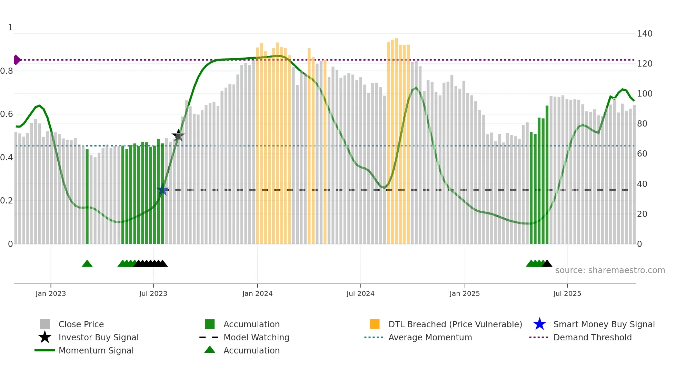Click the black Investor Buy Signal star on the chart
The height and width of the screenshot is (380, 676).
click(x=178, y=135)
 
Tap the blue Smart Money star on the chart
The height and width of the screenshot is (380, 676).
click(x=162, y=190)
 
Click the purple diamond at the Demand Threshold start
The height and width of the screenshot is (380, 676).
click(x=17, y=60)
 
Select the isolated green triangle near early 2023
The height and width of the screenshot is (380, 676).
click(x=87, y=264)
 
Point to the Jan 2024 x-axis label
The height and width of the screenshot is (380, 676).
click(x=257, y=293)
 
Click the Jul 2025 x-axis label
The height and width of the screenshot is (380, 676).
click(x=567, y=293)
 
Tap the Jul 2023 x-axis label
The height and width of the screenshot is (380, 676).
click(x=153, y=293)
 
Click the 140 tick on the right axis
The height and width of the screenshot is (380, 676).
click(x=644, y=34)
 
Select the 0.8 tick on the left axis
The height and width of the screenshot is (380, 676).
click(x=7, y=71)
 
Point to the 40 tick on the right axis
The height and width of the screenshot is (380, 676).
click(x=642, y=184)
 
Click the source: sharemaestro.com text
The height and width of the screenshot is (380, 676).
click(x=610, y=270)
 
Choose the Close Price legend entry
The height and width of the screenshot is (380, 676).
click(x=81, y=324)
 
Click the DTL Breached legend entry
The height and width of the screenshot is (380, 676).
click(x=455, y=324)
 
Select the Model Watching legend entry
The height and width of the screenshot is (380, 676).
click(x=256, y=337)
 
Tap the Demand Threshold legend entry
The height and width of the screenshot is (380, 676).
click(x=592, y=337)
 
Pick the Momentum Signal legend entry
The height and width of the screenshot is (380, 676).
click(x=96, y=350)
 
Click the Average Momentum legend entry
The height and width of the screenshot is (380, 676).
click(x=430, y=337)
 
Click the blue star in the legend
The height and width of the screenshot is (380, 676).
click(x=539, y=324)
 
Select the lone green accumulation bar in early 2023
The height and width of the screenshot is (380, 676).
click(x=87, y=197)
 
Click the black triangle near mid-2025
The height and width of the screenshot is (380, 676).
click(x=547, y=264)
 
